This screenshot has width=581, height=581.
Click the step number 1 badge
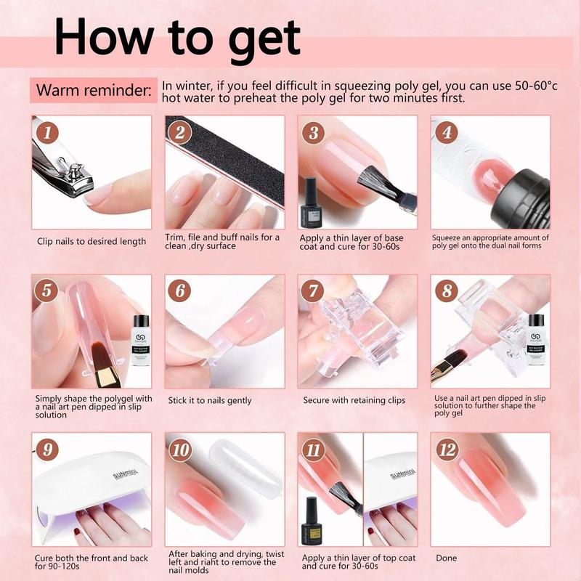47,133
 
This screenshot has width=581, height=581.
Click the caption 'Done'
446,558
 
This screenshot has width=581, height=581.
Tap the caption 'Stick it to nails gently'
210,400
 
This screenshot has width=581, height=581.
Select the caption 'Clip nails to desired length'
92,241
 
